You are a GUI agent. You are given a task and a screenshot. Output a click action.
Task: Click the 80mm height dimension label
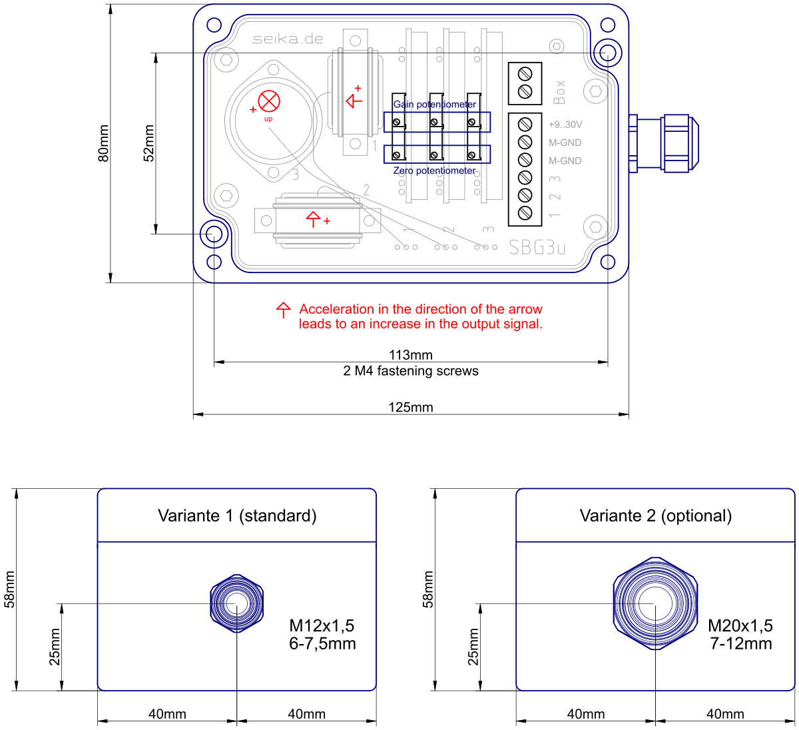[x=103, y=143]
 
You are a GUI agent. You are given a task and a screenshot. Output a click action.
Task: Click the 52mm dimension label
[x=148, y=143]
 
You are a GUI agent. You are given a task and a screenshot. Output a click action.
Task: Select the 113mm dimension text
[x=411, y=354]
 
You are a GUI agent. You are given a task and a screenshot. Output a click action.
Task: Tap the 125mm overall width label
[x=411, y=407]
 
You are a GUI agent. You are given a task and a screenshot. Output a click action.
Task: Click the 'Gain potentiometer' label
[x=435, y=105]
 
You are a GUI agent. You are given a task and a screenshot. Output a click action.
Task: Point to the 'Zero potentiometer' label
[x=434, y=171]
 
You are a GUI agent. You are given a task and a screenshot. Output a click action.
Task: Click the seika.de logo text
[x=288, y=39]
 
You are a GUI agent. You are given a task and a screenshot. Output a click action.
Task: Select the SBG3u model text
[x=537, y=248]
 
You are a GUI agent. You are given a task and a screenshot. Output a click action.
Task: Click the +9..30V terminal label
[x=565, y=125]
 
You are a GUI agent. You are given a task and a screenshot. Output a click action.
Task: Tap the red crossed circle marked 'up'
[x=269, y=101]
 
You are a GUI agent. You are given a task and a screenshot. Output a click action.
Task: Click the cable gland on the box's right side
[x=664, y=143]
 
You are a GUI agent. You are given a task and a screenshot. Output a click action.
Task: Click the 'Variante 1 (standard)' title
[x=237, y=516]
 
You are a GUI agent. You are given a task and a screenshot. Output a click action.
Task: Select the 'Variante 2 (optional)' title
[x=656, y=516]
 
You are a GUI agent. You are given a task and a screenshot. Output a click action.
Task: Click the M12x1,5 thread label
[x=322, y=625]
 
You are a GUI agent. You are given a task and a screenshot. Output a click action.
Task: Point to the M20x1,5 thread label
[x=740, y=625]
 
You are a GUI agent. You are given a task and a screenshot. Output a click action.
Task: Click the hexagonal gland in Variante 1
[x=236, y=603]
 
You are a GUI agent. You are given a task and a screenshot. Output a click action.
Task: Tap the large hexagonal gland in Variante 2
[x=655, y=603]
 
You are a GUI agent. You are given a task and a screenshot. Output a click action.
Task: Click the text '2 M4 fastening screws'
[x=411, y=371]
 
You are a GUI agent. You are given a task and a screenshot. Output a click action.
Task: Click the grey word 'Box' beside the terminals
[x=559, y=92]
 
